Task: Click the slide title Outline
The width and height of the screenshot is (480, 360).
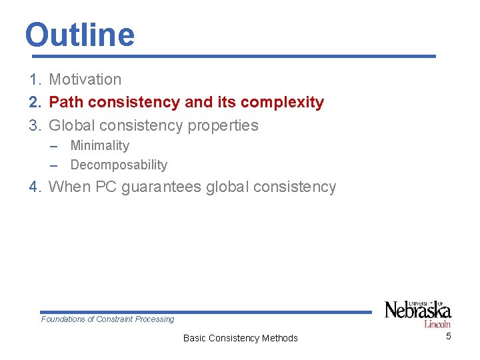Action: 79,35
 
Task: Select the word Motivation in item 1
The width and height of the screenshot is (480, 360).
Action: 85,79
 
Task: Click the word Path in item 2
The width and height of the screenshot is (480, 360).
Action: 65,102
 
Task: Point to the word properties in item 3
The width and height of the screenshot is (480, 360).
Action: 224,125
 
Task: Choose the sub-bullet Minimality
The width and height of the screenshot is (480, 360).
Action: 99,145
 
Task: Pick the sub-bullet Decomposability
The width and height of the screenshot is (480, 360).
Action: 119,165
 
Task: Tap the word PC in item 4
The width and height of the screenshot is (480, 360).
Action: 106,187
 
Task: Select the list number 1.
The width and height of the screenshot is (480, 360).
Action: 35,79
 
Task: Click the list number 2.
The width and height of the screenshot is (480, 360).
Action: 35,102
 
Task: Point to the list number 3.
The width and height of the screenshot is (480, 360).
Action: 35,125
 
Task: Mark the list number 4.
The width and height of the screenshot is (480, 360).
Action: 35,187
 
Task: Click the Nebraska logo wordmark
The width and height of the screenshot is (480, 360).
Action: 418,311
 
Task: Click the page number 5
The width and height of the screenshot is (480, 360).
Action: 448,336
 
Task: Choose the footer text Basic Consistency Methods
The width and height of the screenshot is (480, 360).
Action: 240,338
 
